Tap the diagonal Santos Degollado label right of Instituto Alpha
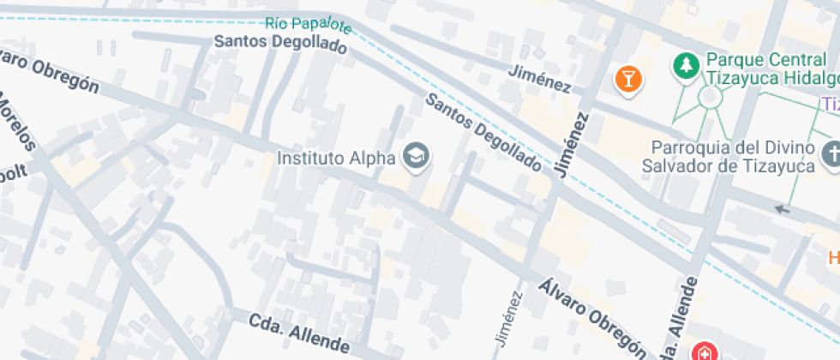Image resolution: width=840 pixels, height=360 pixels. tap(483, 134)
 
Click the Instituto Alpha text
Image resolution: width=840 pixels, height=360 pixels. tap(336, 158)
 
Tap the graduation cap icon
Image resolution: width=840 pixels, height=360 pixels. tap(417, 155)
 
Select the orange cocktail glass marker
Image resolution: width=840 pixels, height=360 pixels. tap(629, 80)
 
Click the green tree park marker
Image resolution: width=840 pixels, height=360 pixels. tap(685, 65)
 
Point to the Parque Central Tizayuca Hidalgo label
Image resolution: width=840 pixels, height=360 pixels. tap(770, 69)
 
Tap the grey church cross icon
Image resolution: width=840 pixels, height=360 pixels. tap(831, 155)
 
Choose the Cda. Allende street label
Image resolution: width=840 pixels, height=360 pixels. tap(299, 333)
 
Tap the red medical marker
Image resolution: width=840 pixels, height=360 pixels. tap(704, 351)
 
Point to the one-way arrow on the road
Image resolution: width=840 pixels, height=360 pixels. tap(780, 208)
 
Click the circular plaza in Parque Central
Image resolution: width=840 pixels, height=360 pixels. tap(711, 97)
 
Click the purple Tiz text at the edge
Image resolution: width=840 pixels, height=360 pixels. tap(830, 104)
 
